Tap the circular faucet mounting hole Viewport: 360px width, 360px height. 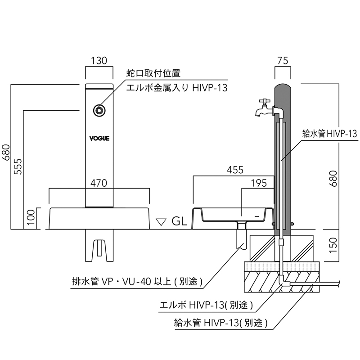click(99, 110)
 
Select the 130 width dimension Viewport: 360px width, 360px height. click(99, 60)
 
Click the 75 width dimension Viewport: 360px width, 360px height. click(283, 61)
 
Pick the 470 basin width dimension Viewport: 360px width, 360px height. click(99, 183)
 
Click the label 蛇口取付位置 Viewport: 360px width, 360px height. click(153, 73)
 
